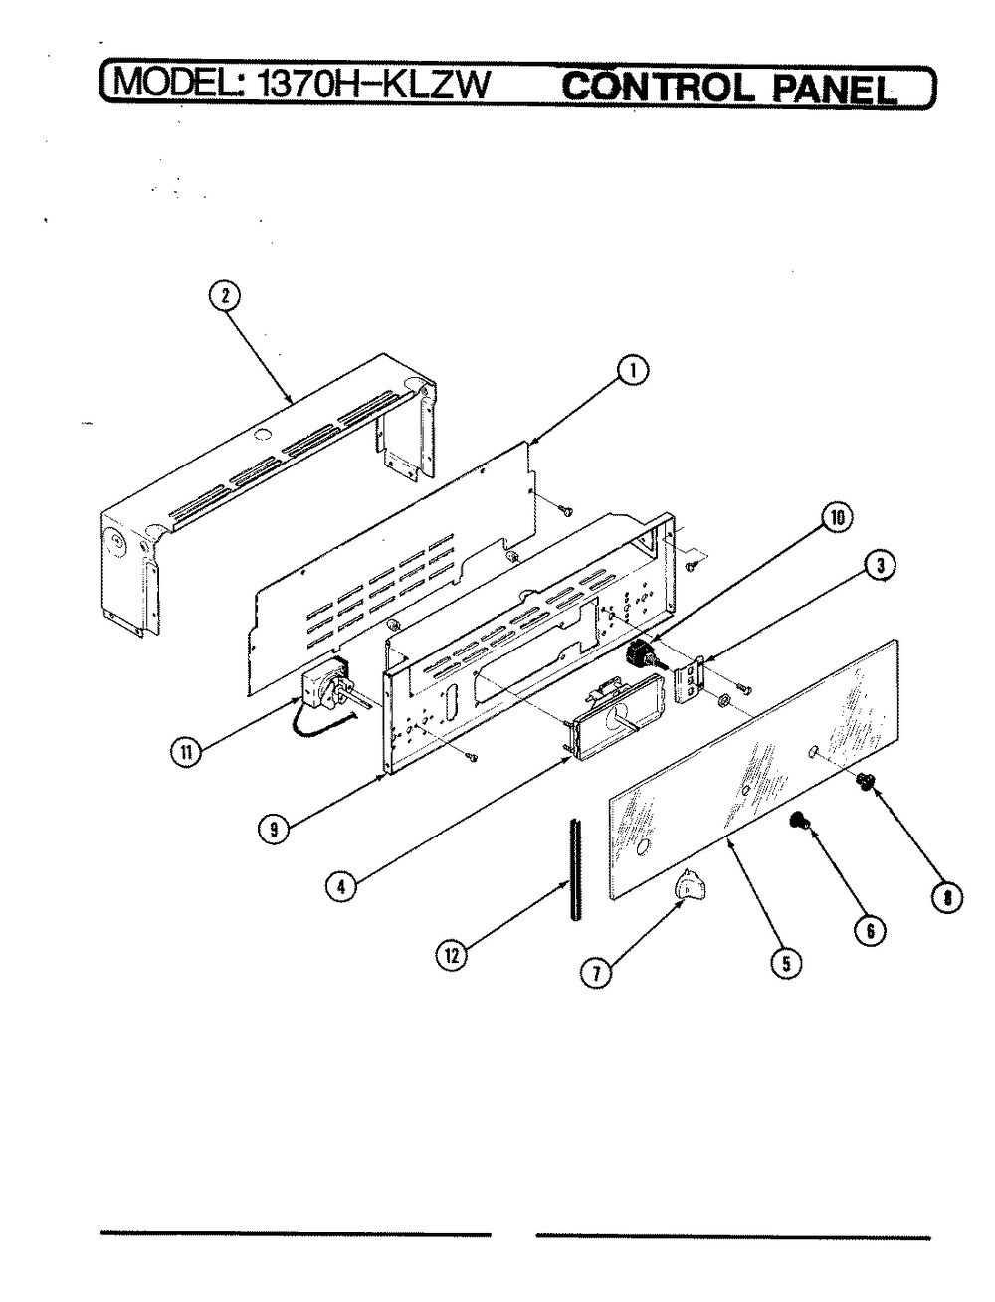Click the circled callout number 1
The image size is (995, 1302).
[633, 371]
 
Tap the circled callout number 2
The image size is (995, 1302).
[224, 296]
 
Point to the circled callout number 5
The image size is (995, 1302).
[786, 962]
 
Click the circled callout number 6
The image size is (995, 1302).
[870, 930]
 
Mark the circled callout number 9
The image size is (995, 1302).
[273, 829]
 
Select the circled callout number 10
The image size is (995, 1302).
[837, 519]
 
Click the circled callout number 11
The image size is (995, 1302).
[186, 753]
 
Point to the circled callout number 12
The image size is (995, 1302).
[452, 956]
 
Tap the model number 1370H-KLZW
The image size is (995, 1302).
[371, 86]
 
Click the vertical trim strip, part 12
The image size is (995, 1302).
[574, 869]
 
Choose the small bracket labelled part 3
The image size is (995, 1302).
[691, 680]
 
